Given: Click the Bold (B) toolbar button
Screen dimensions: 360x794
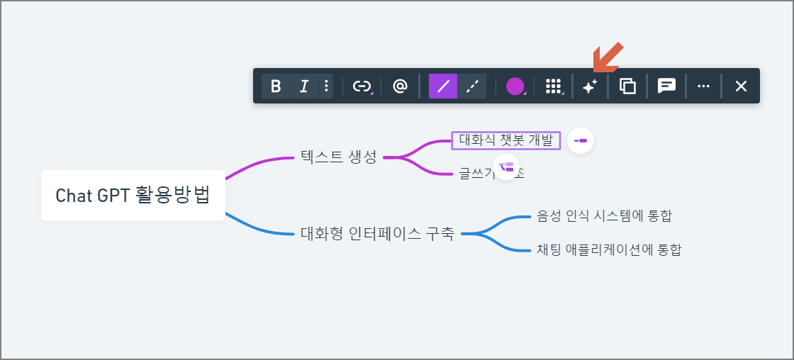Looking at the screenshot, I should [276, 86].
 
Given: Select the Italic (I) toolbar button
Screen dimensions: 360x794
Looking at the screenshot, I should [304, 86].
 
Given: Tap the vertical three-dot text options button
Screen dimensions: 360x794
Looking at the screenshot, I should [326, 86].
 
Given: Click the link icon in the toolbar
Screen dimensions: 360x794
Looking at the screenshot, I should [362, 86].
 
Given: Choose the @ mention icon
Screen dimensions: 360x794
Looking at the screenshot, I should [400, 86].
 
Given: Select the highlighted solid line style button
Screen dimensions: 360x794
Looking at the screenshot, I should [443, 86].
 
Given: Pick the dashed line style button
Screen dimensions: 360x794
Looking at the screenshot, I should [472, 86].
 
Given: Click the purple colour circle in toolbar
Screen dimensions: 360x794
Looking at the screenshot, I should [515, 86].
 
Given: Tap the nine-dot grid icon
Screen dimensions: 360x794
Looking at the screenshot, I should [553, 86].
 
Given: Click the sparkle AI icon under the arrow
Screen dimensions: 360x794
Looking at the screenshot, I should [590, 86].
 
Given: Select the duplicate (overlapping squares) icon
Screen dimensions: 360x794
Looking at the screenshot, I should [627, 86].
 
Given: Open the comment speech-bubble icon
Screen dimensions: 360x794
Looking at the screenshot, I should [666, 86].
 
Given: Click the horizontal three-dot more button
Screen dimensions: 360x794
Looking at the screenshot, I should [703, 86].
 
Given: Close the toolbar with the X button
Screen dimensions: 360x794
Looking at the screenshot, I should [741, 86].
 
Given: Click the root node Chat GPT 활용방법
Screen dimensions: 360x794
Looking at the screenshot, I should [133, 195].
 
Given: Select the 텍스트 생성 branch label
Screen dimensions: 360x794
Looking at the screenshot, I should [338, 157].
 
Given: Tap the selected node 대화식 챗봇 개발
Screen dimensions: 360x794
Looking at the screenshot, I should [505, 140].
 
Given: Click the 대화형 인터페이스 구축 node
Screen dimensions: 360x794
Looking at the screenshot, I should [377, 233].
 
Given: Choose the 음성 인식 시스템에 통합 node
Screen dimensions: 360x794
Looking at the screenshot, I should [604, 215].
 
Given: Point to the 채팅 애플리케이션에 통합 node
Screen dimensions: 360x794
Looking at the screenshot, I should [609, 249].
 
